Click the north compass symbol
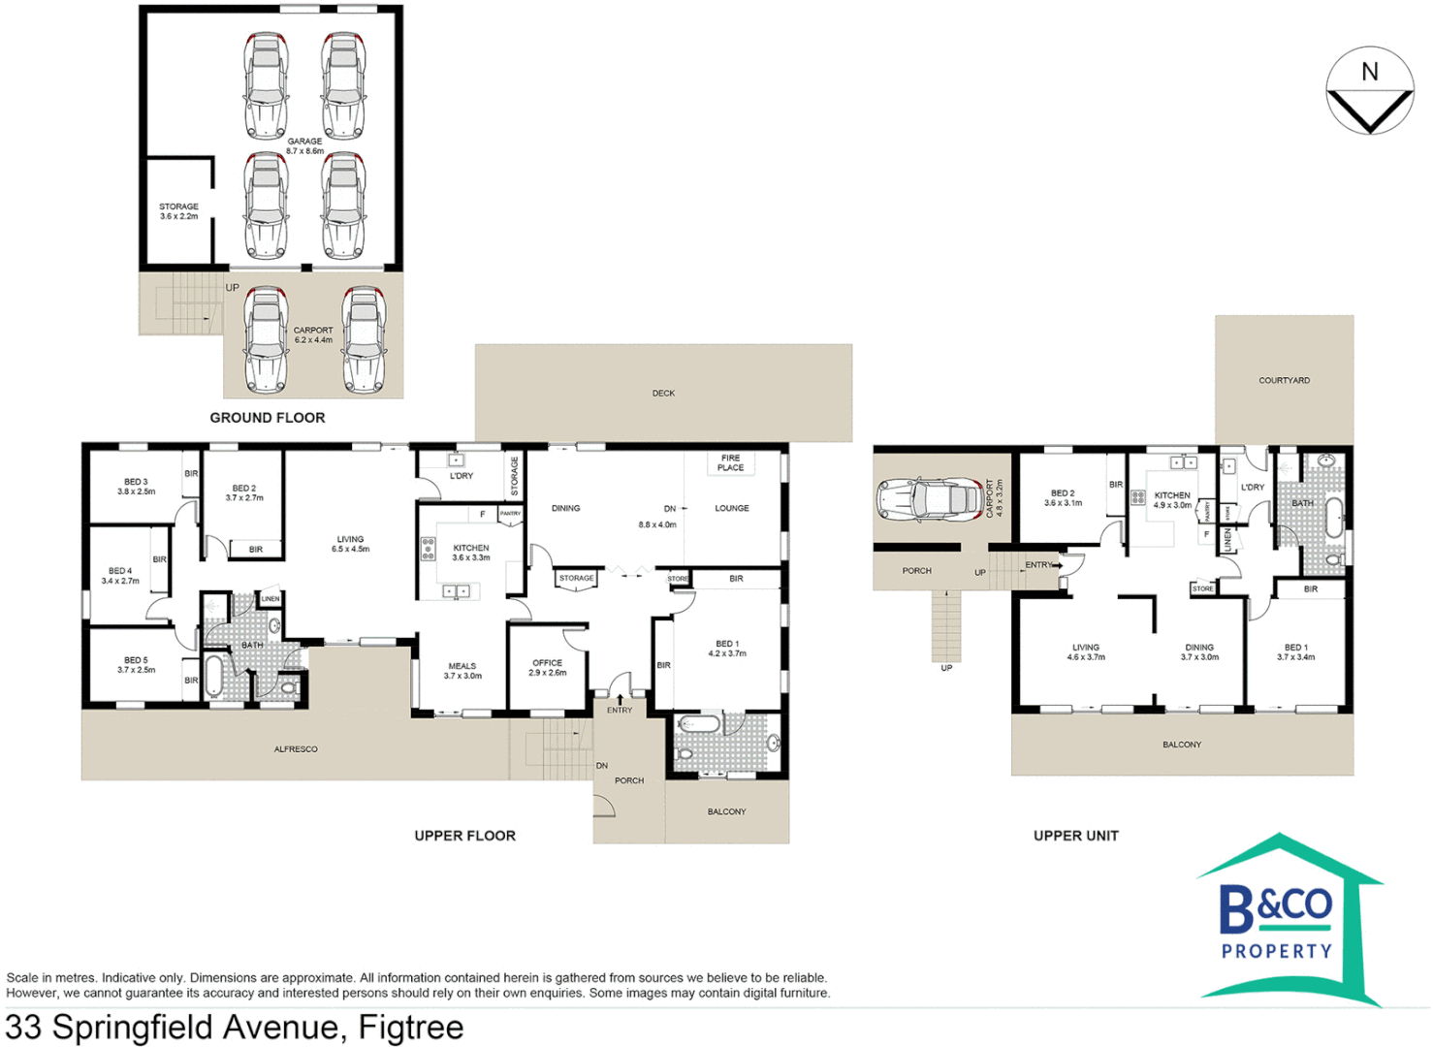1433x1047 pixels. (x=1369, y=91)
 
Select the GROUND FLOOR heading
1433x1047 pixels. (x=268, y=418)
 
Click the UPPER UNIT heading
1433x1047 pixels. (x=1075, y=836)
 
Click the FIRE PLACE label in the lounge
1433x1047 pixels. (x=730, y=463)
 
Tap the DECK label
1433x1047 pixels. (x=663, y=394)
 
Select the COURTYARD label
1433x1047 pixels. (x=1284, y=381)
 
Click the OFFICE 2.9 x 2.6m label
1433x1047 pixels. (x=547, y=668)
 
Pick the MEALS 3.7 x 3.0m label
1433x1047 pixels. (x=462, y=671)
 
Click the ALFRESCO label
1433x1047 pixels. (x=296, y=749)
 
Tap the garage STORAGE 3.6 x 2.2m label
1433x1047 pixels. (x=178, y=211)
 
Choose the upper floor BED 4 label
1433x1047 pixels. (x=120, y=576)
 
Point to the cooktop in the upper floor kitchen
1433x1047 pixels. (x=428, y=550)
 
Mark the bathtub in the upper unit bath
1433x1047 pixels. (x=1334, y=518)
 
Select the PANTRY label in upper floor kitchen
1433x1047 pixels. (x=510, y=514)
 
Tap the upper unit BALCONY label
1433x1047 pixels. (x=1181, y=746)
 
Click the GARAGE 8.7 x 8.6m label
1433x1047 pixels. (x=304, y=146)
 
